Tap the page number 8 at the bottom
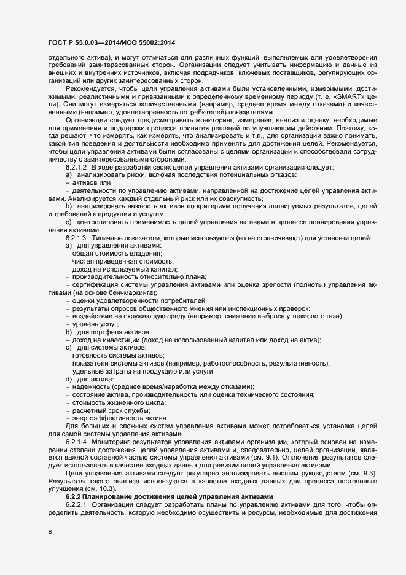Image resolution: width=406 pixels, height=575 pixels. pos(49,532)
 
